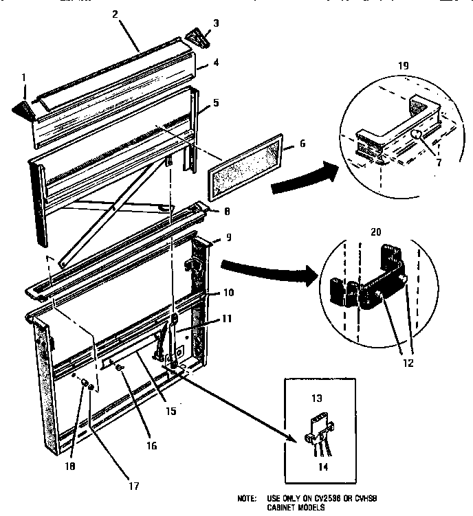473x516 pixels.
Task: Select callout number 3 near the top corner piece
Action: (x=216, y=24)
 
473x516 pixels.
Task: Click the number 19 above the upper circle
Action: (x=404, y=65)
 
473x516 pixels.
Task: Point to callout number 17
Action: (x=134, y=486)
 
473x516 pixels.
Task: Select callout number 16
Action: (x=152, y=446)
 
